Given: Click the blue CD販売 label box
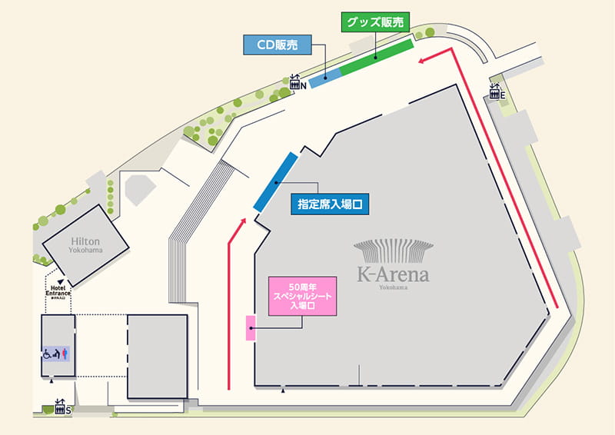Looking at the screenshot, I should (x=277, y=45).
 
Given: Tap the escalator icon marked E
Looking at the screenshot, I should (x=495, y=93).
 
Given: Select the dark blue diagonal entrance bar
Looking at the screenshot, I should (x=275, y=182).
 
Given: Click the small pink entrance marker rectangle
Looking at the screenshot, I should (x=250, y=327).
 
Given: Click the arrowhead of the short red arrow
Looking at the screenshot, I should (x=244, y=221).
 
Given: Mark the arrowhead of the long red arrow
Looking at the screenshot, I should (x=424, y=61).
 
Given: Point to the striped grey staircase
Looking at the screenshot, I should (x=192, y=231).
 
